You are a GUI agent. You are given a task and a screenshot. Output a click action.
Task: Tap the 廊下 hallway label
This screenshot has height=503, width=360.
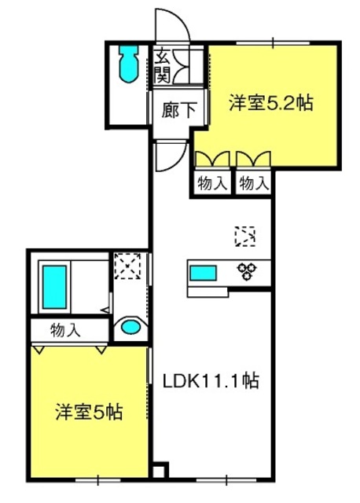[178, 110]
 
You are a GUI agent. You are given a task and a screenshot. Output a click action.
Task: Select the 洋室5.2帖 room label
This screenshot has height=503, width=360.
[271, 103]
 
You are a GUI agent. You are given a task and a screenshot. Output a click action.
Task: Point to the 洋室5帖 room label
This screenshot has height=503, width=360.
[89, 412]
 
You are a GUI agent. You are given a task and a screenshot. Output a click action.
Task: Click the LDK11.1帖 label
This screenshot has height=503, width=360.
[211, 380]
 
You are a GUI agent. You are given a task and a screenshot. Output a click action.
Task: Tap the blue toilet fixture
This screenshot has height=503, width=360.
[129, 64]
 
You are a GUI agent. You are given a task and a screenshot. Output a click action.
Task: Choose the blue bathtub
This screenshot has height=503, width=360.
[54, 287]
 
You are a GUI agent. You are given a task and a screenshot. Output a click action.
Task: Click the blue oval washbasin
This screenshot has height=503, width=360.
[131, 327]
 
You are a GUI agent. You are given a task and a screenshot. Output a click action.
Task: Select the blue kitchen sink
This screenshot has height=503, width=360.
[203, 273]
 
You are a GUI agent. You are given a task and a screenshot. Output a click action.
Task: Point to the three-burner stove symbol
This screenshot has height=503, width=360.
[247, 271]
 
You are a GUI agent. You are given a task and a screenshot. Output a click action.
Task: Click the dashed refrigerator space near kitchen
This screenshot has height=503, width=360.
[245, 237]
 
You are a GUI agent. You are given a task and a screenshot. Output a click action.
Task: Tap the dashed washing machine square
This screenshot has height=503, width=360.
[127, 266]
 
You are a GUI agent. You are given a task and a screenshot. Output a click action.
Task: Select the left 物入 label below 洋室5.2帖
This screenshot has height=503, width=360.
[212, 183]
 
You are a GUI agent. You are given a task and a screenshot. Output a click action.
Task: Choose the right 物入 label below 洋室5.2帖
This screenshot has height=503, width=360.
[254, 183]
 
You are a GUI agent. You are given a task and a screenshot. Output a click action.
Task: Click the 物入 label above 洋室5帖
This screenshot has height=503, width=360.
[65, 330]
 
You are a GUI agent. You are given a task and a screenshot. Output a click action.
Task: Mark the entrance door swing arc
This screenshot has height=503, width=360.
[181, 18]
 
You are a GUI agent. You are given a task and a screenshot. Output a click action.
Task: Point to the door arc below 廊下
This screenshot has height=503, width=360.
[177, 163]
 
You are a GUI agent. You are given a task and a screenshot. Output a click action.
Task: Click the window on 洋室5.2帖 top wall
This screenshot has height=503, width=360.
[273, 42]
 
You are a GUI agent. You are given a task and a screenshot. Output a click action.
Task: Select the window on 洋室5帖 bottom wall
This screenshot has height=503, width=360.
[98, 480]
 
